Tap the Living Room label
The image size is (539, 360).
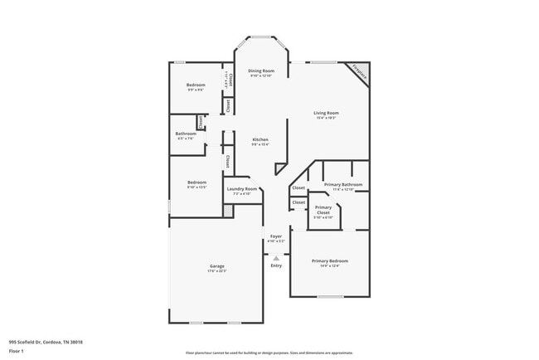pos(325,113)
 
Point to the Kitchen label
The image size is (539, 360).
pos(260,139)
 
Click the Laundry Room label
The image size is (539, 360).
pos(245,188)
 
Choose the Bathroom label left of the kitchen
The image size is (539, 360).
pos(186,134)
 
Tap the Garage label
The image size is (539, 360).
pos(216,265)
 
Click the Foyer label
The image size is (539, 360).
pos(276,236)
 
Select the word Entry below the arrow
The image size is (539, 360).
pos(276,265)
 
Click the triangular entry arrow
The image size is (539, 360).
pos(276,257)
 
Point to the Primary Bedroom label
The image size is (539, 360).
pos(330,260)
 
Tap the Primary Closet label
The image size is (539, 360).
pos(323,210)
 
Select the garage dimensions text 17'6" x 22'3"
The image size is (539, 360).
pos(216,270)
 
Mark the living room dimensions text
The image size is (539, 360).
pos(325,118)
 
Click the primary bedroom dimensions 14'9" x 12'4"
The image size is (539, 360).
pos(330,265)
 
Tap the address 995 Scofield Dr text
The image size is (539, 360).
pos(46,341)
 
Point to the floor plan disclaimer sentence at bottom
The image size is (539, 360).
pos(269,352)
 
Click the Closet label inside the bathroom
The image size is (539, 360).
pos(201,122)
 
